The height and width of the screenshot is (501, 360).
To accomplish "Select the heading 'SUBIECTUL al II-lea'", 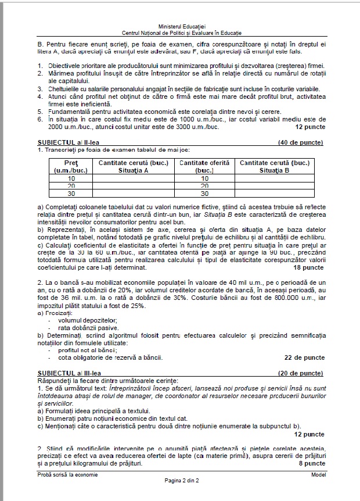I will (65, 142).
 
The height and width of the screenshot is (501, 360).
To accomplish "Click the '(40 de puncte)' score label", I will (301, 142).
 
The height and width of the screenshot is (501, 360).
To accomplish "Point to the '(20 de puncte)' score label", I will (301, 372).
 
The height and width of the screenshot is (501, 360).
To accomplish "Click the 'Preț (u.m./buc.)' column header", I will (64, 167).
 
